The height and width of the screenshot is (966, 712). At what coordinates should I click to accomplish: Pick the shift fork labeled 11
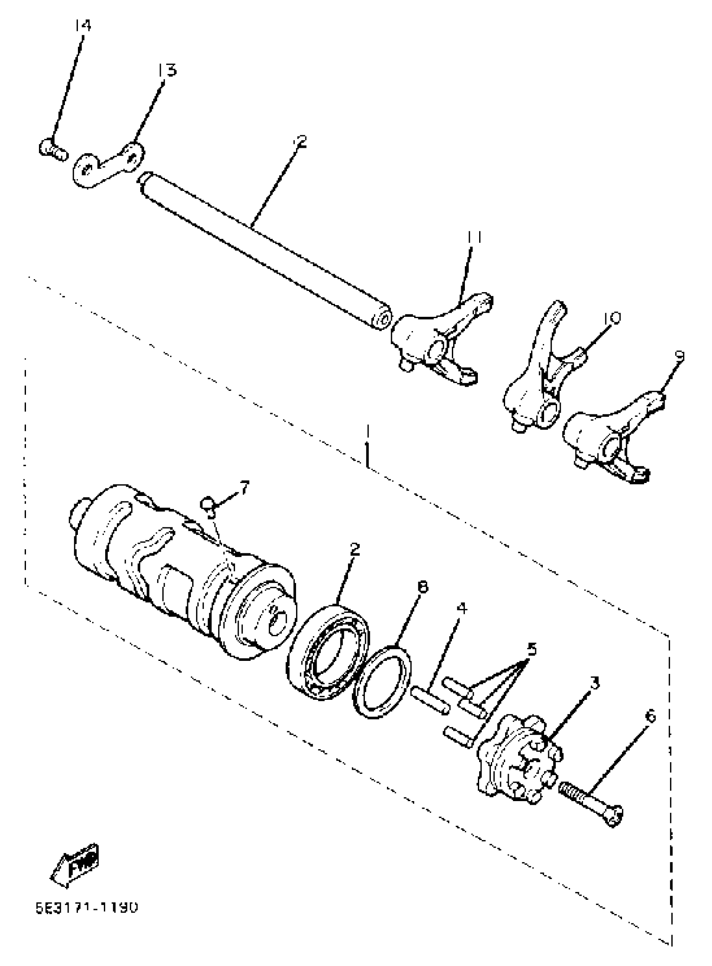pos(440,340)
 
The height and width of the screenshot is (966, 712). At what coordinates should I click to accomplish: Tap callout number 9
pos(680,355)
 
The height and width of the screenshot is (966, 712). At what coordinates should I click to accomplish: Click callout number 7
pos(244,488)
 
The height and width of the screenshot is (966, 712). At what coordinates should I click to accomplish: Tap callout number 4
pos(462,608)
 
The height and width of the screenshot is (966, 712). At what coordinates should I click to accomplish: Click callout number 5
pos(532,648)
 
